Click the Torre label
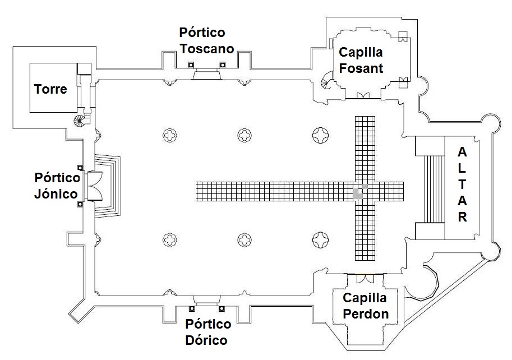pos(50,89)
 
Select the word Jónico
pos(56,194)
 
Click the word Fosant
pos(361,68)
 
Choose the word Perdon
pos(366,313)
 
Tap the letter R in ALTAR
pos(462,218)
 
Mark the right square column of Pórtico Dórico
pos(222,308)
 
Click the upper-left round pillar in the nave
pos(170,135)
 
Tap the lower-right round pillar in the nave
pos(320,241)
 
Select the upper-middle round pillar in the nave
pos(245,135)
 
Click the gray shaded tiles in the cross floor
pos(359,191)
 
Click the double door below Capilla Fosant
pos(362,96)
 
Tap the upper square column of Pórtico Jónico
pos(80,168)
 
